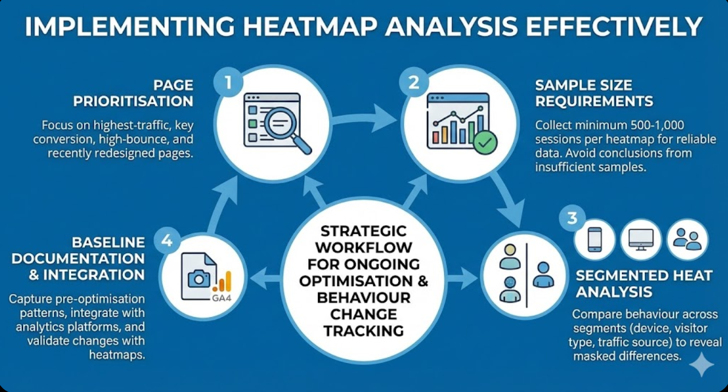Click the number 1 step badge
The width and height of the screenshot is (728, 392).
click(227, 83)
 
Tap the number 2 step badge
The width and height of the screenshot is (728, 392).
click(414, 83)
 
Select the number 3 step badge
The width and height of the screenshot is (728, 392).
click(575, 218)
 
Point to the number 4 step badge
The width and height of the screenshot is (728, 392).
click(167, 241)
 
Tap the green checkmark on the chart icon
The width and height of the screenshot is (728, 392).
click(485, 143)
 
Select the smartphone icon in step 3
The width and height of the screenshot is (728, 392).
click(594, 239)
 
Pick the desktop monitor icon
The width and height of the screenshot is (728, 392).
click(641, 239)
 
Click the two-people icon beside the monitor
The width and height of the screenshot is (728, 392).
click(687, 239)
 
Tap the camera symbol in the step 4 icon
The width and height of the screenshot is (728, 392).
click(198, 279)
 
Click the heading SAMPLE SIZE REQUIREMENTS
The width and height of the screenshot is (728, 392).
click(593, 93)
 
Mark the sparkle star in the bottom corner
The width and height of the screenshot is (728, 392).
click(701, 365)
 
